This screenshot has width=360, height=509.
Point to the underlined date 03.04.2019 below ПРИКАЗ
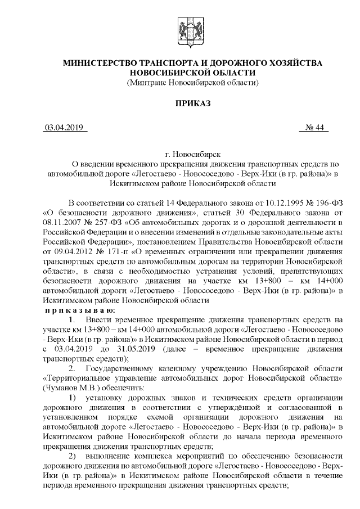coord(64,128)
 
